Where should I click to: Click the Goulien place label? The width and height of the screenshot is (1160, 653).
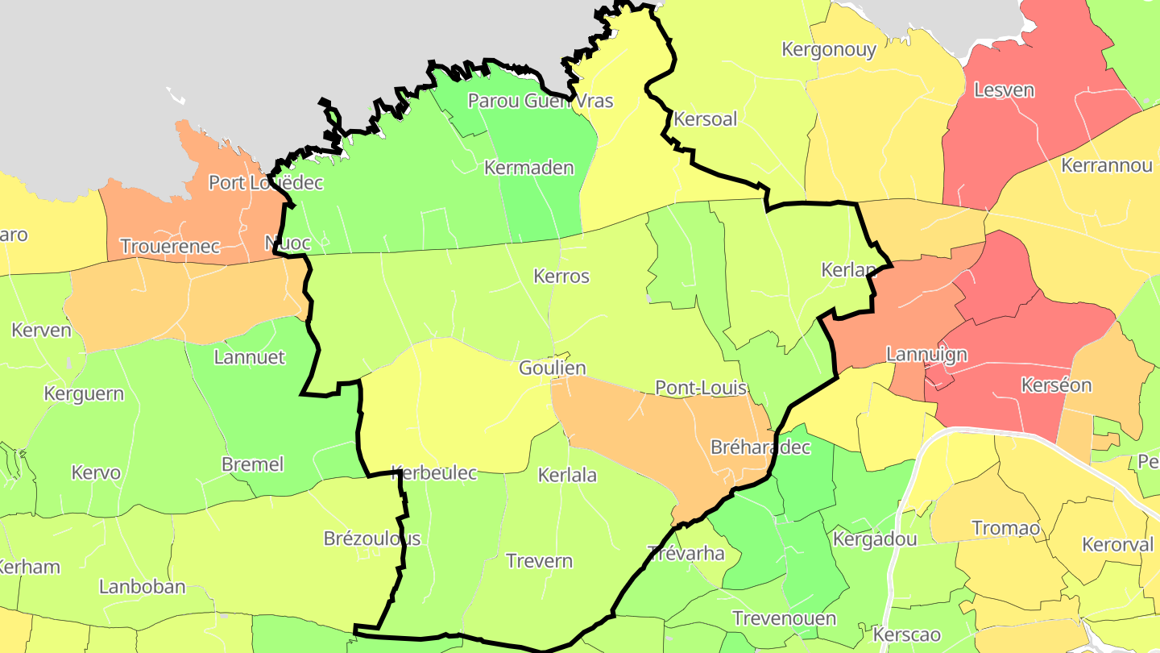552,368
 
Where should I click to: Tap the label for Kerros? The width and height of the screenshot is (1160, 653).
561,276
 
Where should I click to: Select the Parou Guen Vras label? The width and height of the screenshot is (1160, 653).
540,101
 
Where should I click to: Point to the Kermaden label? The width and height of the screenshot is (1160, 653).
528,168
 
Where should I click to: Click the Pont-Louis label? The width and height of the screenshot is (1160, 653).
701,388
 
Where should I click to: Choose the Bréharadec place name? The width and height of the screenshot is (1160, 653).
760,447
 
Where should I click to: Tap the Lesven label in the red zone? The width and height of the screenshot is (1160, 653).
1004,89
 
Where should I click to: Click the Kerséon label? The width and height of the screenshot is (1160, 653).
1055,385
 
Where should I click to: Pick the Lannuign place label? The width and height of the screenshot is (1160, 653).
926,354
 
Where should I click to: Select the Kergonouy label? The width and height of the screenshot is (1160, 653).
829,49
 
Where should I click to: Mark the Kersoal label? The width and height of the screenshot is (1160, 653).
705,119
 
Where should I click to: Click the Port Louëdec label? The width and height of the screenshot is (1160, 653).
265,182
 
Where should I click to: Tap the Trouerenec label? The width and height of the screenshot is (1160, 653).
170,246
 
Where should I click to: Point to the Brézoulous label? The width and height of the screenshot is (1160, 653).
371,538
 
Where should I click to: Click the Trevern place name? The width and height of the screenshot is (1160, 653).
539,560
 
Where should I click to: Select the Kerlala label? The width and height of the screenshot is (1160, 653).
567,475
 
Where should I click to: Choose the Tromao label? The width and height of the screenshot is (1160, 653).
1005,528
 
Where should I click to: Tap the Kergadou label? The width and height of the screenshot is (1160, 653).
875,538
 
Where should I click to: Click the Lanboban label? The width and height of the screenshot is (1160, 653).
142,586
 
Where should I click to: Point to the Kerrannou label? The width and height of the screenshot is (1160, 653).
1107,165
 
